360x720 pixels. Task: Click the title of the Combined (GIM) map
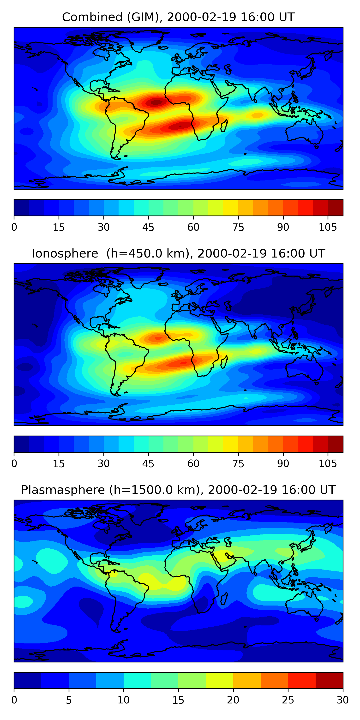pyautogui.click(x=178, y=17)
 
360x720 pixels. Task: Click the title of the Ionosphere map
pyautogui.click(x=178, y=254)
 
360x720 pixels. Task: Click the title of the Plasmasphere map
pyautogui.click(x=178, y=490)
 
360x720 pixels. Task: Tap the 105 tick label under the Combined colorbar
pyautogui.click(x=328, y=228)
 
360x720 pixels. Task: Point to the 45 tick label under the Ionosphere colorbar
pyautogui.click(x=148, y=464)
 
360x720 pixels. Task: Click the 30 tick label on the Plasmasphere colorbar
pyautogui.click(x=342, y=700)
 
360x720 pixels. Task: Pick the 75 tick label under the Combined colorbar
pyautogui.click(x=238, y=228)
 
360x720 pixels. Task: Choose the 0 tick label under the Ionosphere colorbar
pyautogui.click(x=14, y=464)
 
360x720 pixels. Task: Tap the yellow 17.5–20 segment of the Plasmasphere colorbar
pyautogui.click(x=219, y=681)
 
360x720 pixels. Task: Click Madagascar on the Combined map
pyautogui.click(x=224, y=125)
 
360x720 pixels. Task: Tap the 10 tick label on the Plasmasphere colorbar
pyautogui.click(x=123, y=700)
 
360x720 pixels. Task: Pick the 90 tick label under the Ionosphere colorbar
pyautogui.click(x=283, y=464)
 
